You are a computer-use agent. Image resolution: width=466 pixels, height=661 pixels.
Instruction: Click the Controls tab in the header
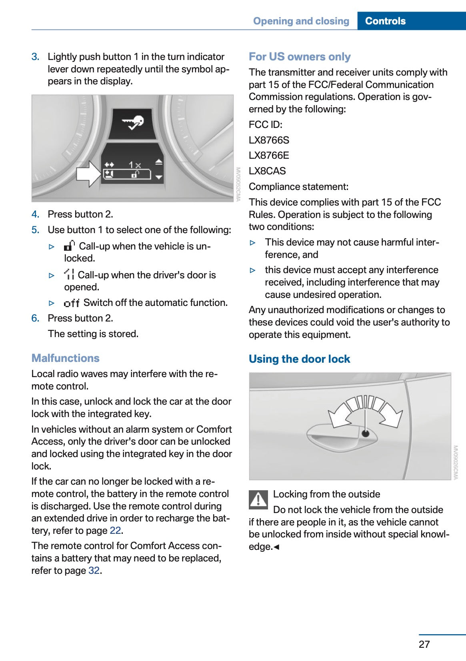click(385, 21)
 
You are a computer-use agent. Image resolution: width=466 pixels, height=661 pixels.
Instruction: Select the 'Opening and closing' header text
click(301, 21)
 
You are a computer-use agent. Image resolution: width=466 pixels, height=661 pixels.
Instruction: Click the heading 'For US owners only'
click(300, 57)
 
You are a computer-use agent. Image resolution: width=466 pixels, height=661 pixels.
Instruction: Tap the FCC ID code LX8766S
click(269, 140)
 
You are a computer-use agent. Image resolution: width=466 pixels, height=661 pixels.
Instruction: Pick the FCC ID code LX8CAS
click(267, 171)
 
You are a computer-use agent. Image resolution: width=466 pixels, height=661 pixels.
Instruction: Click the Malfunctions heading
click(65, 358)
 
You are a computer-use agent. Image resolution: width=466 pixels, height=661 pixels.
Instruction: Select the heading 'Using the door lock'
click(299, 359)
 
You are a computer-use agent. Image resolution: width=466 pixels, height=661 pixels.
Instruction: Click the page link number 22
click(115, 531)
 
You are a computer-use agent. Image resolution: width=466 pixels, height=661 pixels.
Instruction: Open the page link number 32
click(94, 571)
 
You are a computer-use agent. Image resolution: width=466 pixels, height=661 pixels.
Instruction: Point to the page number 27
click(424, 644)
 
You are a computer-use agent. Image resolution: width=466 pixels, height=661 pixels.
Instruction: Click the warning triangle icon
click(258, 499)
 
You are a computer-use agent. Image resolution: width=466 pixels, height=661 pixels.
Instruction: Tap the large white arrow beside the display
click(88, 174)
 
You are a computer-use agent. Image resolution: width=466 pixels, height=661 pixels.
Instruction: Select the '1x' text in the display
click(135, 165)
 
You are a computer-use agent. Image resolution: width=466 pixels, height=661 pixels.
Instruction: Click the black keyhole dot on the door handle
click(365, 433)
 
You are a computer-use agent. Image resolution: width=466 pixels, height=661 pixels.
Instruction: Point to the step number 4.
click(35, 214)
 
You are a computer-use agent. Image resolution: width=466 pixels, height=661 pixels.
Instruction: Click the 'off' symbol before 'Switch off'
click(72, 303)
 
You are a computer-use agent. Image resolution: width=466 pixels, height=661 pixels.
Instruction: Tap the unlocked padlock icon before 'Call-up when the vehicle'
click(70, 246)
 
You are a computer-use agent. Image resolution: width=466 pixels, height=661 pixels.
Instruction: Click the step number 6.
click(35, 318)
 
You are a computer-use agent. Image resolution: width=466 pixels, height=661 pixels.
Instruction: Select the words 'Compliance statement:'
click(298, 187)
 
